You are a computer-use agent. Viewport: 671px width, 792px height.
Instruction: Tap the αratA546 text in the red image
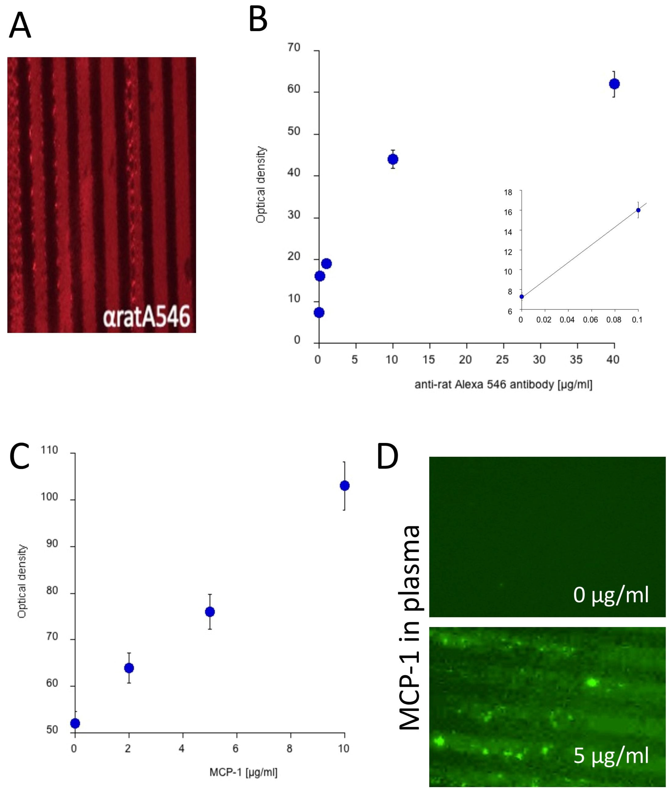[147, 317]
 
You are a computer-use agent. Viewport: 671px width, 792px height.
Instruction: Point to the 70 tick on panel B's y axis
[294, 47]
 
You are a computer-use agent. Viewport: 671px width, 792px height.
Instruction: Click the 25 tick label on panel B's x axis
[502, 359]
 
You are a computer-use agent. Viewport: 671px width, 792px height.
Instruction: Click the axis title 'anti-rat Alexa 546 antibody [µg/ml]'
[503, 385]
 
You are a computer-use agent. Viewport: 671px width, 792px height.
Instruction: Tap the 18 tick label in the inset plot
[508, 192]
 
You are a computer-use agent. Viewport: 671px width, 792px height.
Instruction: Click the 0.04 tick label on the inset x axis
[567, 320]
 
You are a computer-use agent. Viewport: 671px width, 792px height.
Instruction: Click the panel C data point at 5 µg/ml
[210, 612]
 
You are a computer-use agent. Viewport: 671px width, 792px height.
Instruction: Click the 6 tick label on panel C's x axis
[235, 749]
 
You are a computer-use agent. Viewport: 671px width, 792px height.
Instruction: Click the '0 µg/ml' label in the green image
[611, 595]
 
